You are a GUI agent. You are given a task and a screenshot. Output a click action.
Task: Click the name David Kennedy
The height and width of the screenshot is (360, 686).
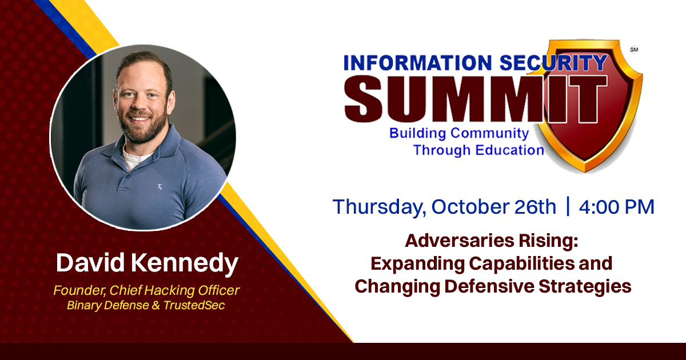tap(147, 263)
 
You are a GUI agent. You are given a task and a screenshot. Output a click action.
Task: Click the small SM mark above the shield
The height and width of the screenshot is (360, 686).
tap(634, 50)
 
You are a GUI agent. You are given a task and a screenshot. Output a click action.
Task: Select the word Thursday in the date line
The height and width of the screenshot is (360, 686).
tap(377, 207)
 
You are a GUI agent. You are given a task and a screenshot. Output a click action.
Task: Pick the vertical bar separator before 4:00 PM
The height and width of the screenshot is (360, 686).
tap(568, 206)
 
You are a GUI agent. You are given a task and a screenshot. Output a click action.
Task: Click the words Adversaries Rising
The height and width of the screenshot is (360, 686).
tap(492, 241)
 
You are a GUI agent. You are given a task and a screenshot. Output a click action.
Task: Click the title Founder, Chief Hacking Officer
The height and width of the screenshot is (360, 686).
tap(146, 290)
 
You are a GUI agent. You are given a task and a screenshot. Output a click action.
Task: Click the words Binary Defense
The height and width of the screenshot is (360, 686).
tap(108, 305)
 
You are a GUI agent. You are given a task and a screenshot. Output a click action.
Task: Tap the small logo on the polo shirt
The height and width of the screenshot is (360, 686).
tap(159, 186)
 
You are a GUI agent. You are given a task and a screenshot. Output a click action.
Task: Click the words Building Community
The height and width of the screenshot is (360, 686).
tap(459, 133)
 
